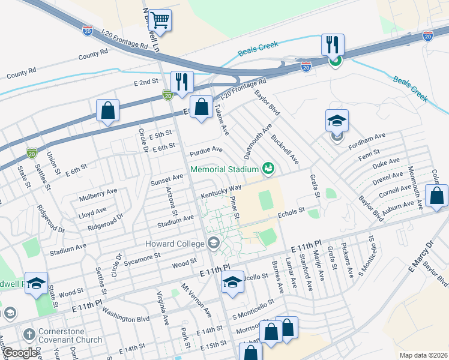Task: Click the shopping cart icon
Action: (x=160, y=20)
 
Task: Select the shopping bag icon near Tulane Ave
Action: (x=202, y=108)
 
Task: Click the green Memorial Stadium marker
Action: (x=268, y=169)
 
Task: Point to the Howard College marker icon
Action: (x=213, y=243)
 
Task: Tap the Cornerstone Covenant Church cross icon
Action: (x=28, y=334)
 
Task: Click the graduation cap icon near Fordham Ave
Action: (x=337, y=121)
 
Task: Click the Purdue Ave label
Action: (x=206, y=149)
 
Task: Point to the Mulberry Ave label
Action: (x=98, y=194)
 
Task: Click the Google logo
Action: (x=20, y=353)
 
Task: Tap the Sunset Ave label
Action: (x=166, y=178)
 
